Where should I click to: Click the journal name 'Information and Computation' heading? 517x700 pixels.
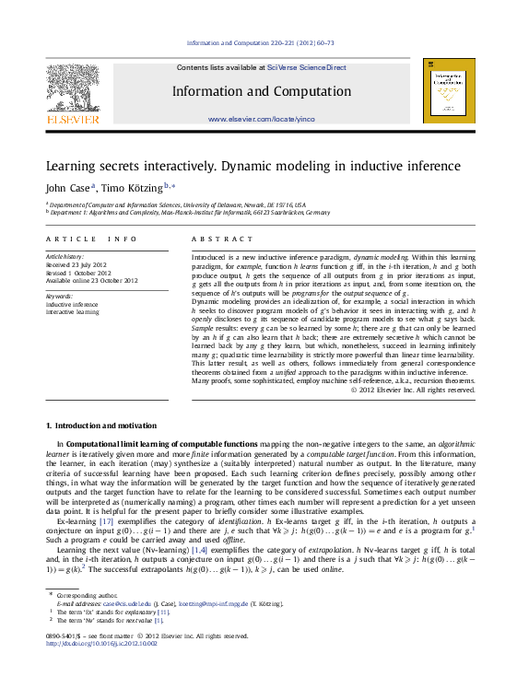(x=261, y=90)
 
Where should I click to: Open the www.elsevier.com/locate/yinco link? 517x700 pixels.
(x=261, y=120)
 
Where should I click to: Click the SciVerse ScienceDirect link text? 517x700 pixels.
(x=307, y=67)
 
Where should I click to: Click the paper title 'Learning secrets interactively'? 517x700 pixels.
(x=266, y=167)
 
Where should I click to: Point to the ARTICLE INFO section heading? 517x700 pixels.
(x=91, y=239)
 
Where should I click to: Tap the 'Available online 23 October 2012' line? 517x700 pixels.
(x=92, y=280)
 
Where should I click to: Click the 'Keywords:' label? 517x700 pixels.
(x=59, y=296)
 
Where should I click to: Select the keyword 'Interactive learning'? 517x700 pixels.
(x=73, y=310)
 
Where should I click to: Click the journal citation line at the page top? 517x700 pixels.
(x=260, y=43)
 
